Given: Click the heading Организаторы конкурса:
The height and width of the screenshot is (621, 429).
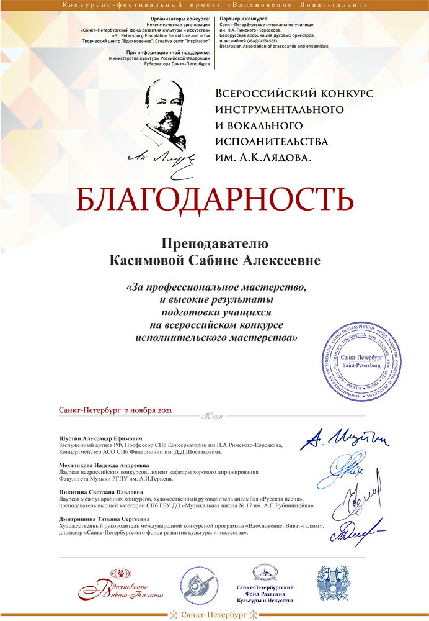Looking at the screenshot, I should coord(184,19).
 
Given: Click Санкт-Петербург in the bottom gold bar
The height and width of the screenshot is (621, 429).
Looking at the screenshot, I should coord(214,615).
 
